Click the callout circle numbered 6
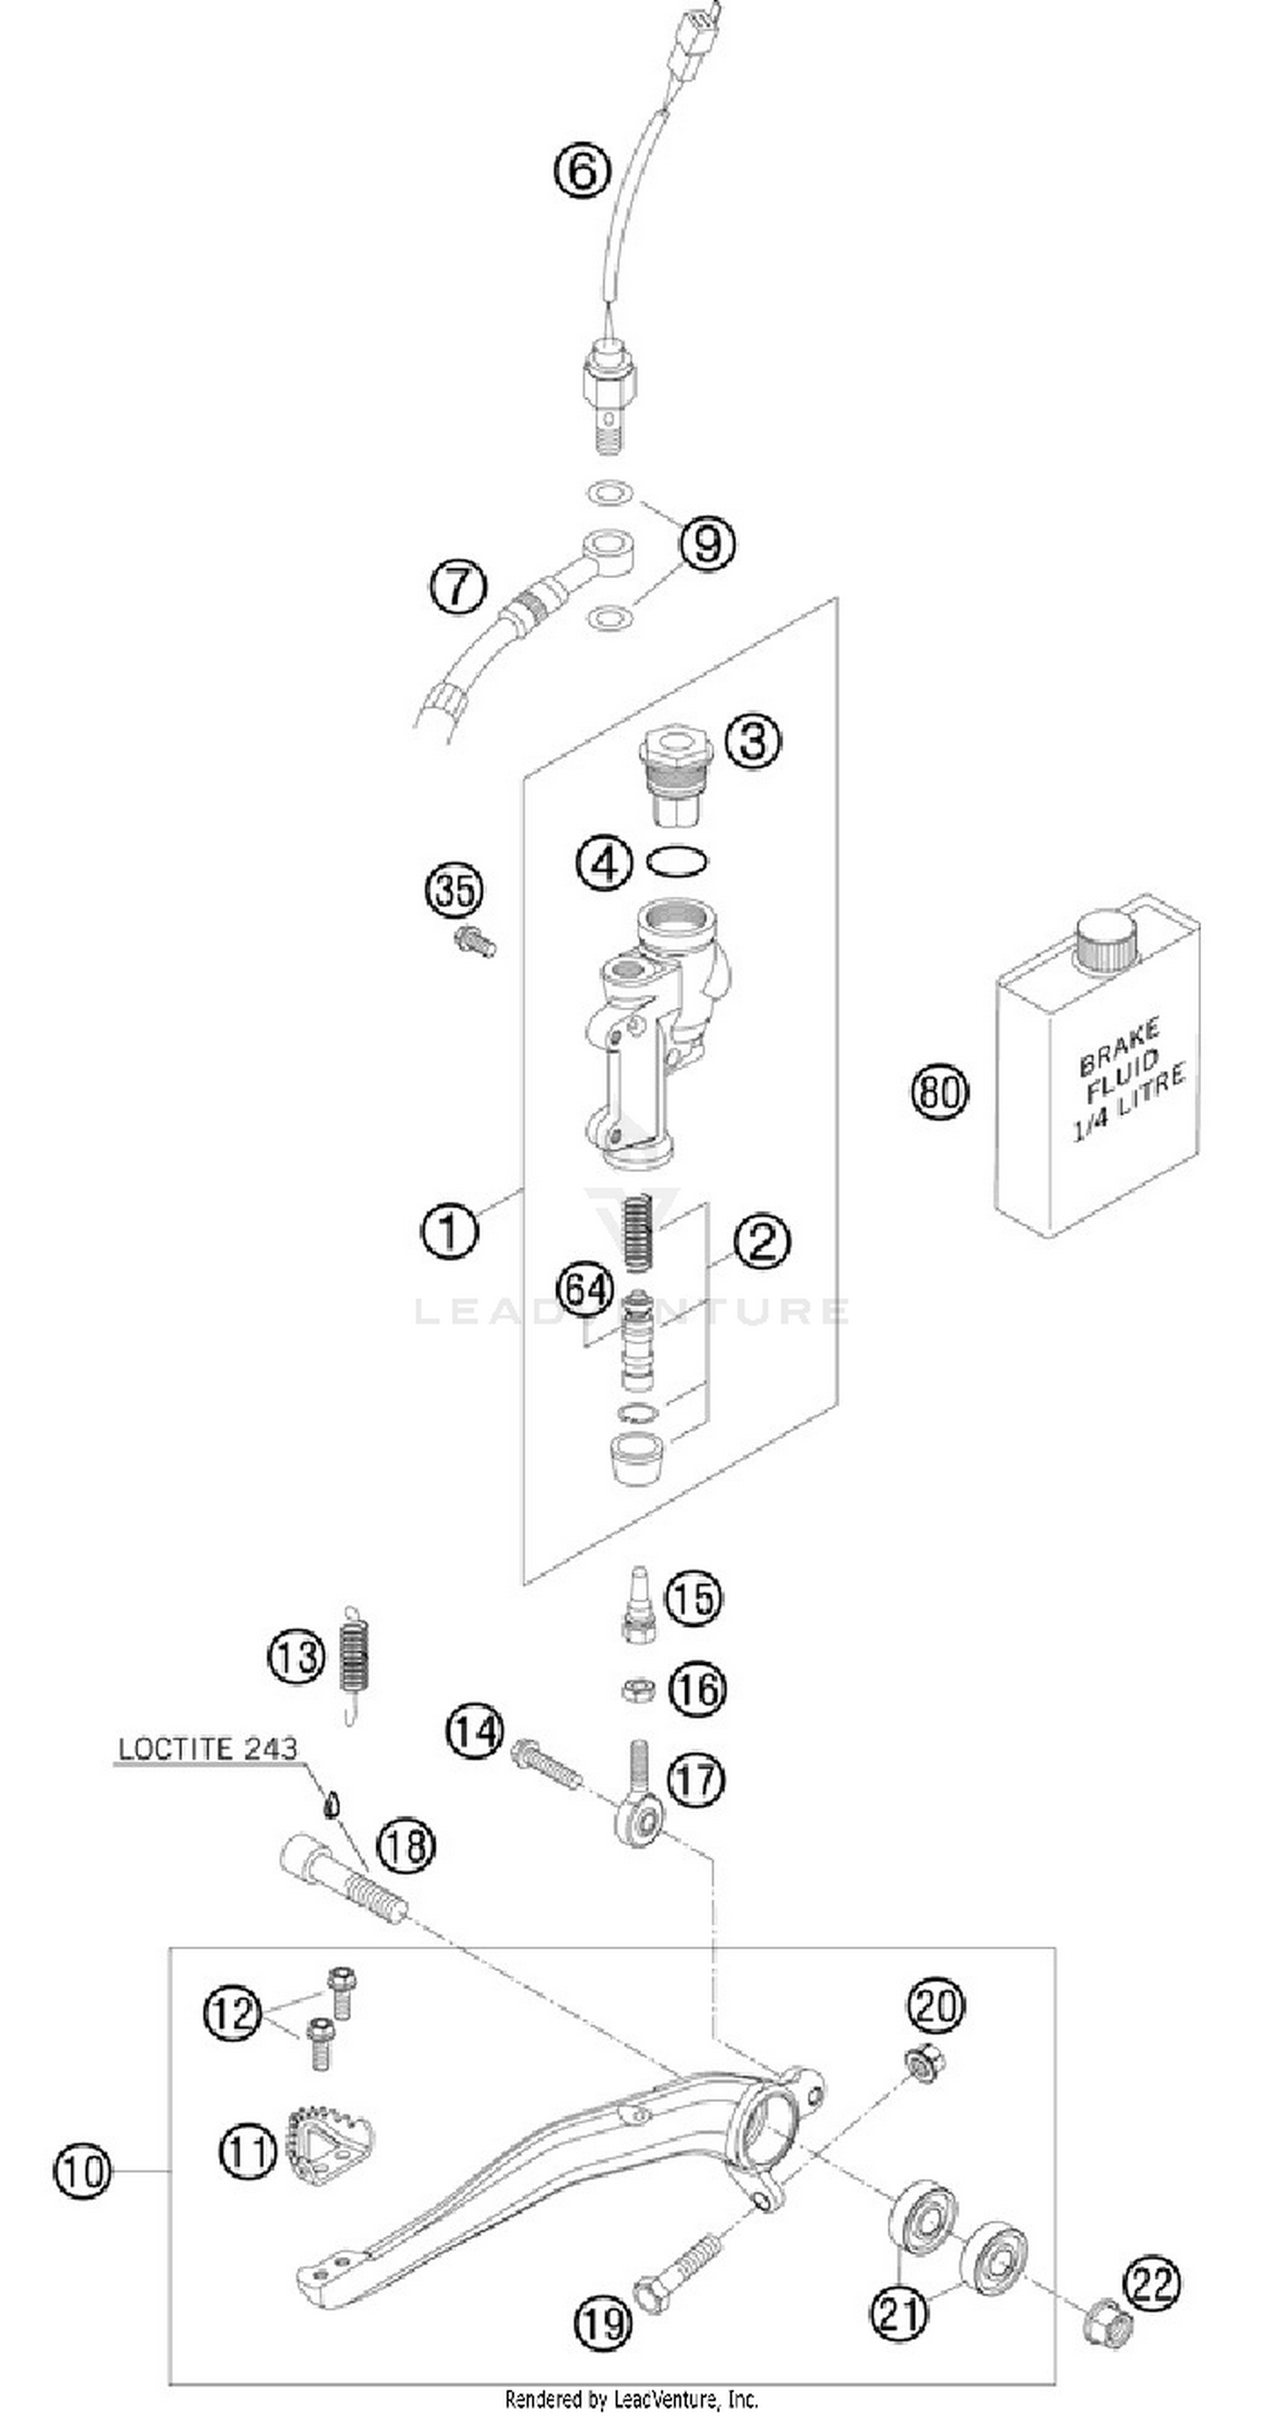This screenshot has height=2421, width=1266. pos(582,171)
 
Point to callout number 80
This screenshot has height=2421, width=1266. pos(939,1092)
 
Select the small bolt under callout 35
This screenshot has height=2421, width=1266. pos(474,940)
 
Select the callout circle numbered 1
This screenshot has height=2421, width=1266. pos(448,1229)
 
